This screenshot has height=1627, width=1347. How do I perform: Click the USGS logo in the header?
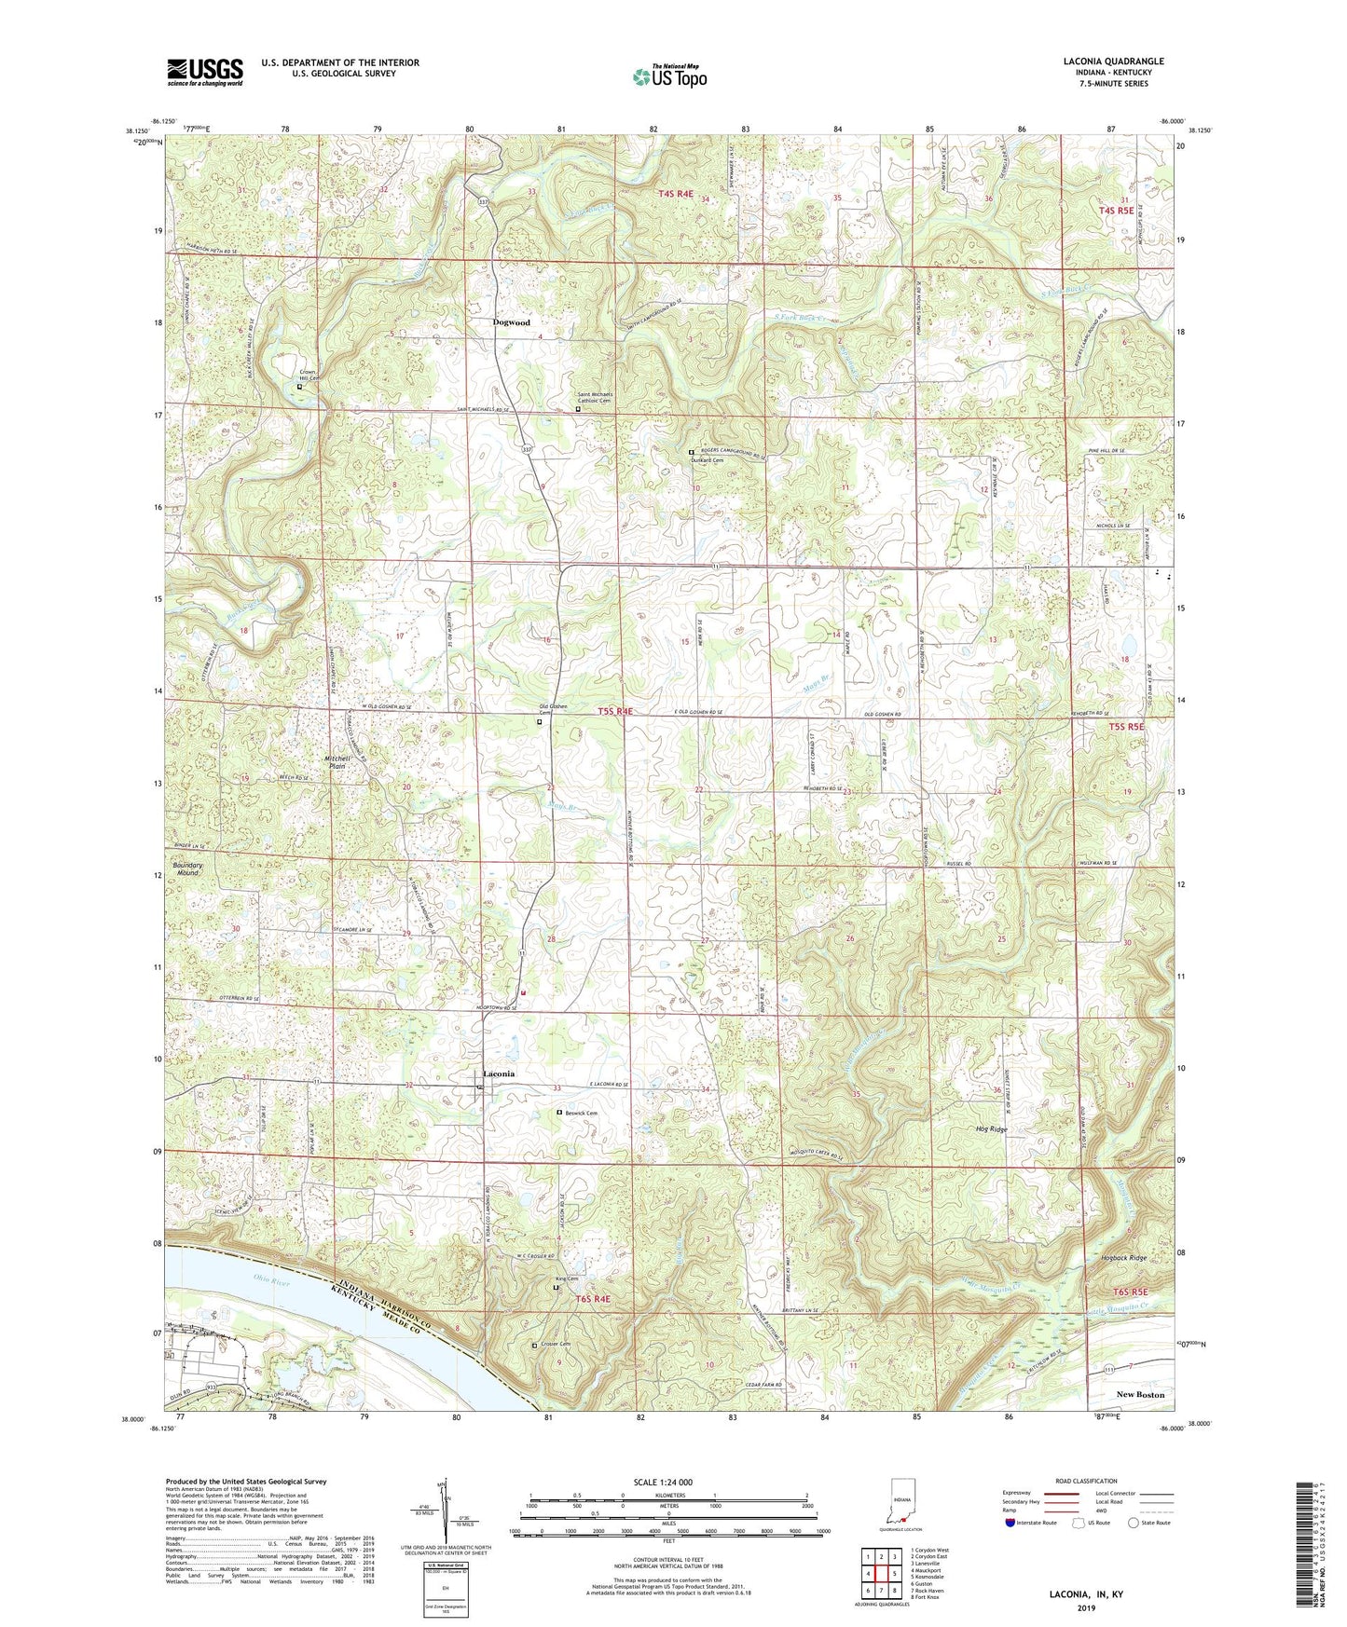point(205,72)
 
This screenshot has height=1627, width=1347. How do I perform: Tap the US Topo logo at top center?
point(668,76)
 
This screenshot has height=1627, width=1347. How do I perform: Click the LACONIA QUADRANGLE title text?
point(1113,62)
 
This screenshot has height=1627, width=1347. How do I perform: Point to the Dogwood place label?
point(511,322)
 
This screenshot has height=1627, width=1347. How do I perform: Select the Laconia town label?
point(499,1073)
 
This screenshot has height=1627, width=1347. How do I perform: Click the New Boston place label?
point(1140,1394)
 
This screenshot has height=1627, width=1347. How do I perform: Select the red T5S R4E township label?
point(615,711)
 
